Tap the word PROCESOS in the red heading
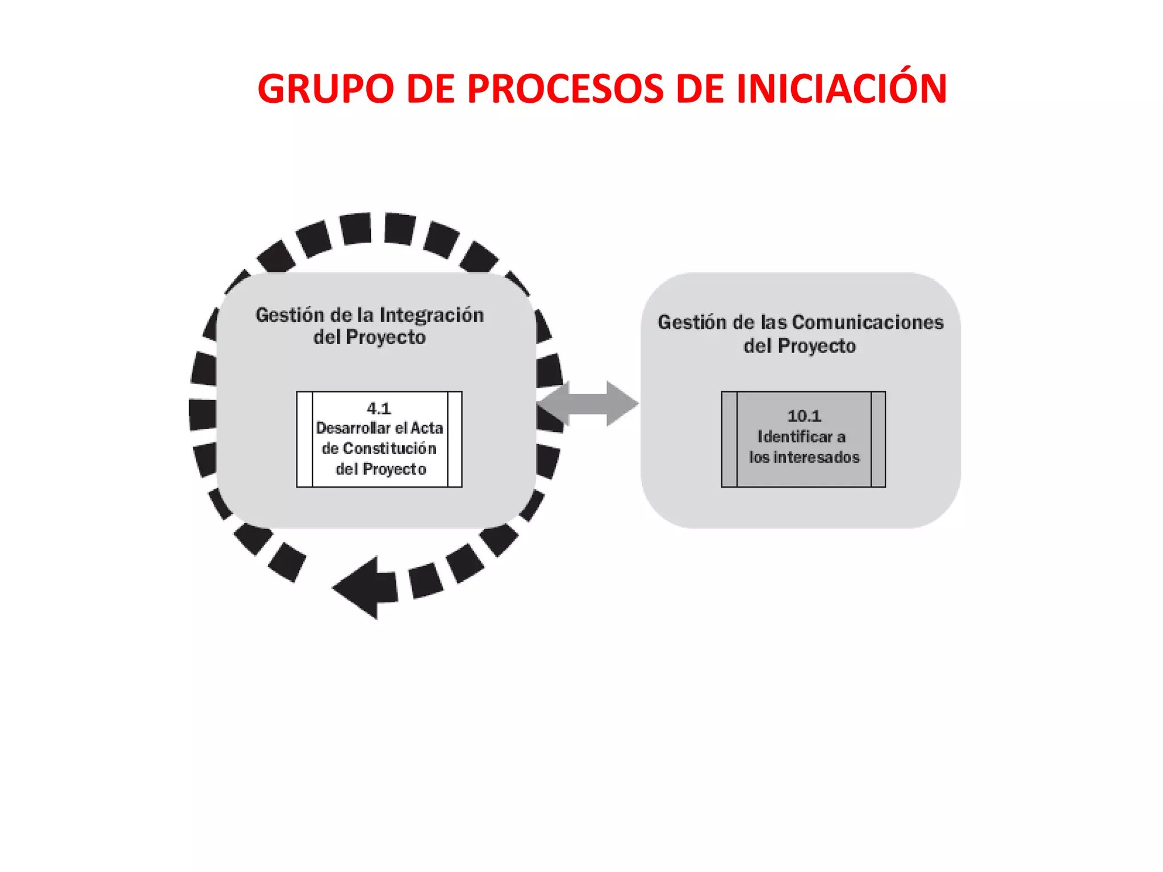pyautogui.click(x=565, y=89)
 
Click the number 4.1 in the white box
pyautogui.click(x=379, y=408)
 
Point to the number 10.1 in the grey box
pyautogui.click(x=804, y=416)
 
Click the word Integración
pyautogui.click(x=432, y=315)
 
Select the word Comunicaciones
pyautogui.click(x=868, y=322)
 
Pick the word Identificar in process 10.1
pyautogui.click(x=794, y=437)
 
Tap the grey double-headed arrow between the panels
pyautogui.click(x=588, y=404)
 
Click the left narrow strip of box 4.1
pyautogui.click(x=305, y=439)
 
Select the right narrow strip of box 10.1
pyautogui.click(x=878, y=439)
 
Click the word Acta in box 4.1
pyautogui.click(x=426, y=428)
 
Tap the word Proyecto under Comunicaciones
pyautogui.click(x=817, y=346)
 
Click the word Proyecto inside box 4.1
pyautogui.click(x=394, y=469)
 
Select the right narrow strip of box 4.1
pyautogui.click(x=454, y=439)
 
